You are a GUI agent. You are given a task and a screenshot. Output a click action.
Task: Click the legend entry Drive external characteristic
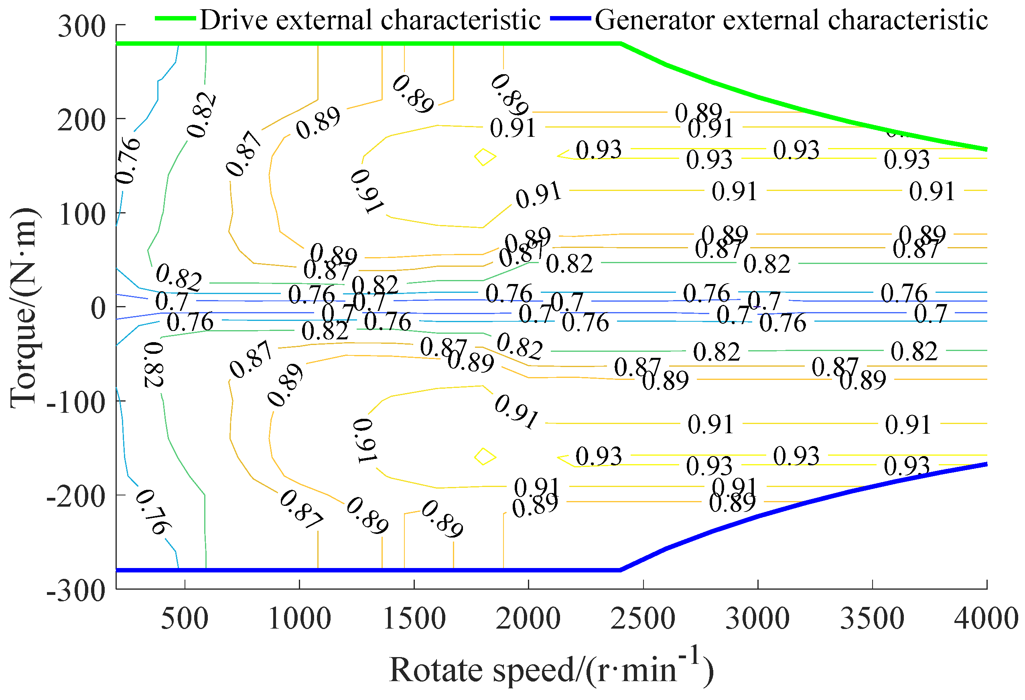point(369,20)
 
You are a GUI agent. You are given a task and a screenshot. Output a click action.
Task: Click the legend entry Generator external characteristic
point(791,20)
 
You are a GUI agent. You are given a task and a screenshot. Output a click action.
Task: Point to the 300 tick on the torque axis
point(81,26)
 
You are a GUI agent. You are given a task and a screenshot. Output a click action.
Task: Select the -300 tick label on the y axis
point(76,590)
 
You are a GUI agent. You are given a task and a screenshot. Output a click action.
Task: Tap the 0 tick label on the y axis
point(98,307)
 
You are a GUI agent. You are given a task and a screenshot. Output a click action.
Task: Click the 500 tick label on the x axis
point(185,619)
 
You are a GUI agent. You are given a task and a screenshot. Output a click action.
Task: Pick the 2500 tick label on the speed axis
point(643,619)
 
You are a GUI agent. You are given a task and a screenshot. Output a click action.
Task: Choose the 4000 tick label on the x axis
point(986,619)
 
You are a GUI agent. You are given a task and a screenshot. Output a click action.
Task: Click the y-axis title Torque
point(24,307)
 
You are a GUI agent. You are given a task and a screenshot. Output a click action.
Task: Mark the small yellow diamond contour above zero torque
point(485,156)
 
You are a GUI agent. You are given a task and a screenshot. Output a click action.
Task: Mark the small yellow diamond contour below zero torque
point(485,457)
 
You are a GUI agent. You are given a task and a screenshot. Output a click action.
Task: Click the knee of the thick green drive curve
point(621,44)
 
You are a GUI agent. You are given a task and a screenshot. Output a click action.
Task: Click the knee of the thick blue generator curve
point(621,570)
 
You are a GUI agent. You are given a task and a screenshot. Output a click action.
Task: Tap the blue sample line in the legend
point(570,18)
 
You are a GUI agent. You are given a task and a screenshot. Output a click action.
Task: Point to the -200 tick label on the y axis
point(76,496)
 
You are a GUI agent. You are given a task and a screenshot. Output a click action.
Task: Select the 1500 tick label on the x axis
point(414,619)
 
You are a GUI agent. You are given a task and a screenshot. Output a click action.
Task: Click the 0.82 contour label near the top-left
point(201,115)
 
